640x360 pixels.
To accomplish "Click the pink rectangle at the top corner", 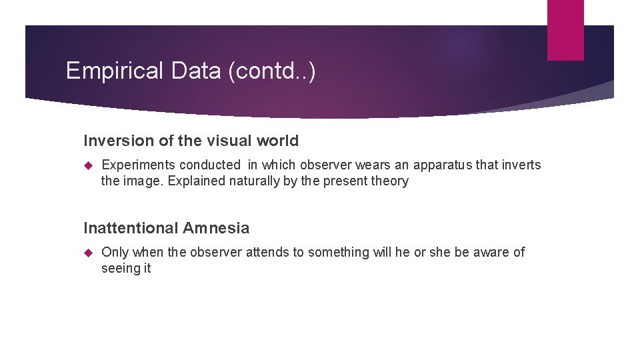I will [565, 29].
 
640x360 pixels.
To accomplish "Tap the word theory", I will [389, 181].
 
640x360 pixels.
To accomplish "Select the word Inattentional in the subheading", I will [131, 228].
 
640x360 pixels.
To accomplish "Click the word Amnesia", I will [216, 228].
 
